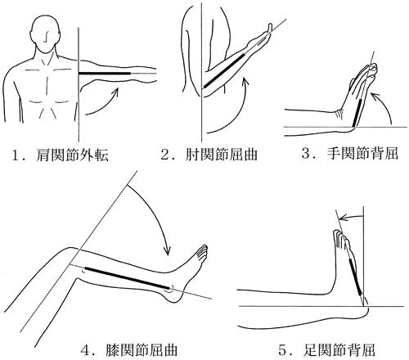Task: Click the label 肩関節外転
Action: pos(72,155)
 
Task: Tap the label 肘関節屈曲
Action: pos(222,155)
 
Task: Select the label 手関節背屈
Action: pos(362,153)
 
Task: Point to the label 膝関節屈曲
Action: pos(142,350)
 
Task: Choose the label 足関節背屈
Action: pos(339,350)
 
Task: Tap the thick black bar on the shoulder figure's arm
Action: pos(105,74)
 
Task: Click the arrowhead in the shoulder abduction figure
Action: pos(115,92)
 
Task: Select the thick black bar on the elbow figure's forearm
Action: pos(224,71)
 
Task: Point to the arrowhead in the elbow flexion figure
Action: pos(245,81)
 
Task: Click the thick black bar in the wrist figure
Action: pos(358,114)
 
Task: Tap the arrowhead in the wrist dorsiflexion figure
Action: pos(375,96)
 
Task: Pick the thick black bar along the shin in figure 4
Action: pos(127,278)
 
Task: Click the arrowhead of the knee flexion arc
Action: pos(167,250)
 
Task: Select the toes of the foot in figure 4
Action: pos(202,251)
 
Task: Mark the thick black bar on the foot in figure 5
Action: pos(356,277)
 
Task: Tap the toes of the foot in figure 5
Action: pos(340,238)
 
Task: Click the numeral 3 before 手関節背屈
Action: pos(306,154)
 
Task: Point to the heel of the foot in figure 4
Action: pos(174,296)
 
